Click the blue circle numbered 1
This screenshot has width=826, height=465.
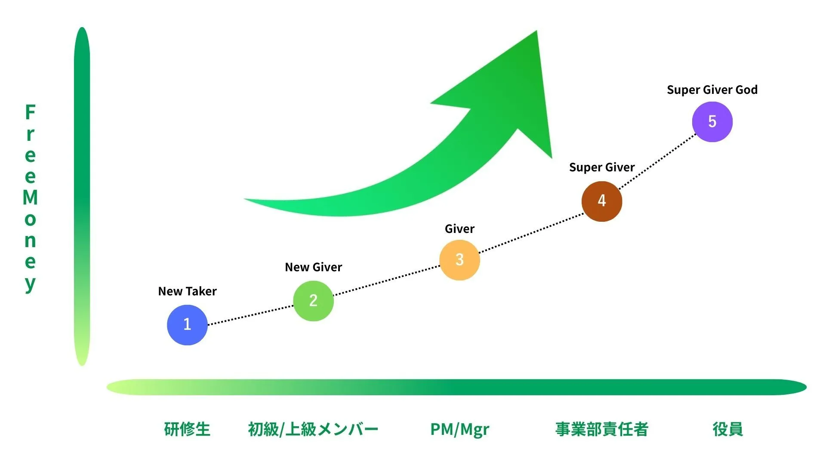pos(187,325)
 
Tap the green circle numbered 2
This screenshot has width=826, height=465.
pos(313,301)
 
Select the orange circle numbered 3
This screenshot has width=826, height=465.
pos(459,260)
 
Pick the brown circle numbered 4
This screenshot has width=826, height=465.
pos(601,201)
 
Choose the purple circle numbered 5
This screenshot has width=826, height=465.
pos(712,122)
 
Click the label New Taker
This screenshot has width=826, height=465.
pos(187,291)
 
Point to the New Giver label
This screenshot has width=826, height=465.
pos(313,267)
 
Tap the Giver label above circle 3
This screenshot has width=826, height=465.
pos(459,229)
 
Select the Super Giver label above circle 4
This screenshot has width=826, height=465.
pos(602,167)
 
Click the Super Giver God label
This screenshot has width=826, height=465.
pos(712,90)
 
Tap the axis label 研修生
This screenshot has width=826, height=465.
pos(187,429)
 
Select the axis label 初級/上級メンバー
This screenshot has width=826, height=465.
pos(313,429)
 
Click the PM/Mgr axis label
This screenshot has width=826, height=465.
pos(459,430)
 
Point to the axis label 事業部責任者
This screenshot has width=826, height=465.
pos(601,429)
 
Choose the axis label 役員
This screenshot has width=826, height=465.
pos(727,429)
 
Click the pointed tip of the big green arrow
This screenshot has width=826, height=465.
pos(536,31)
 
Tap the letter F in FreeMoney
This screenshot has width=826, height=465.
pos(30,112)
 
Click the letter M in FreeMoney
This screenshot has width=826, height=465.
pos(30,198)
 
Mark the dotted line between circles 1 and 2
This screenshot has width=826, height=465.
pos(250,315)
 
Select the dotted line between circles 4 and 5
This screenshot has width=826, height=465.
pos(657,161)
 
